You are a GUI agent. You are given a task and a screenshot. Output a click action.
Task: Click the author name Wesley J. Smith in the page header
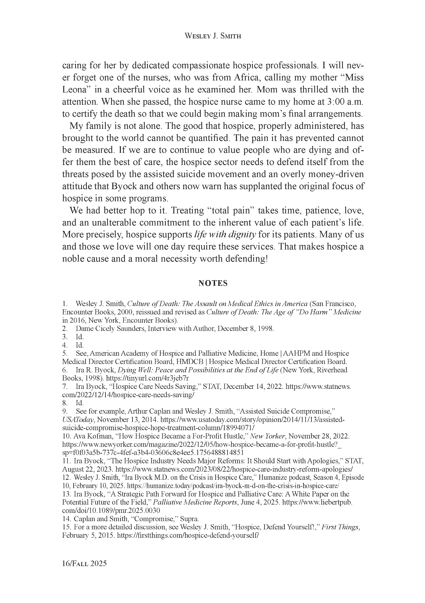(x=213, y=36)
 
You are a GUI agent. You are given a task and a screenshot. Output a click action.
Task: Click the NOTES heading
(x=213, y=283)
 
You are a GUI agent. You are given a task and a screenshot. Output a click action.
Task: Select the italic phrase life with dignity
(x=225, y=235)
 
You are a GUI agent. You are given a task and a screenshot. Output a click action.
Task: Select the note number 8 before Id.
(x=64, y=403)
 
